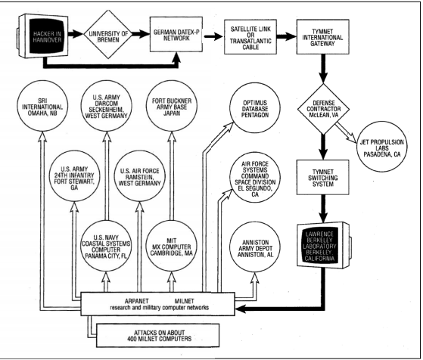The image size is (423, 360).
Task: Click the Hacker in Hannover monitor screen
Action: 47,36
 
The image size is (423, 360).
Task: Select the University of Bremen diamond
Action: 108,34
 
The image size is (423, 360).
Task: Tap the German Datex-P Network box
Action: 176,34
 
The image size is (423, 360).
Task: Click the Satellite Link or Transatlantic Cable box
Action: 250,37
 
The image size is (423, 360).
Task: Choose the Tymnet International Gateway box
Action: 322,36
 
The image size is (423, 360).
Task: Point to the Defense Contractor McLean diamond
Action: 323,109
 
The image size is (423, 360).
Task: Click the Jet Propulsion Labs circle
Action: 382,147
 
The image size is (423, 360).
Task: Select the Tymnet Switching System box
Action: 323,178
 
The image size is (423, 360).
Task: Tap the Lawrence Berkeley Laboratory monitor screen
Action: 320,246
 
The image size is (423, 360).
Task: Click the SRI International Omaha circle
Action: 42,106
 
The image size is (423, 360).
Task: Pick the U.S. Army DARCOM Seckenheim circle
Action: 106,106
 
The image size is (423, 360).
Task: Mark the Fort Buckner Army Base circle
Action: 172,106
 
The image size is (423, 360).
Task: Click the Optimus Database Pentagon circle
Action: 255,108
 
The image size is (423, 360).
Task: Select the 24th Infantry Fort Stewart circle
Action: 74,176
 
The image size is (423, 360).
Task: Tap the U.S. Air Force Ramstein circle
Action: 139,176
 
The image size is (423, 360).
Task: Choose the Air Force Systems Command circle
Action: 255,177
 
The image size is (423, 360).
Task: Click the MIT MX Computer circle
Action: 172,247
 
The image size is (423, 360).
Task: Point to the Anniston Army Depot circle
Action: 255,247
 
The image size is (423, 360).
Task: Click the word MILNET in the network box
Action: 184,301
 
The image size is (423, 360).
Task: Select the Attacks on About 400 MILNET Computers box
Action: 157,335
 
